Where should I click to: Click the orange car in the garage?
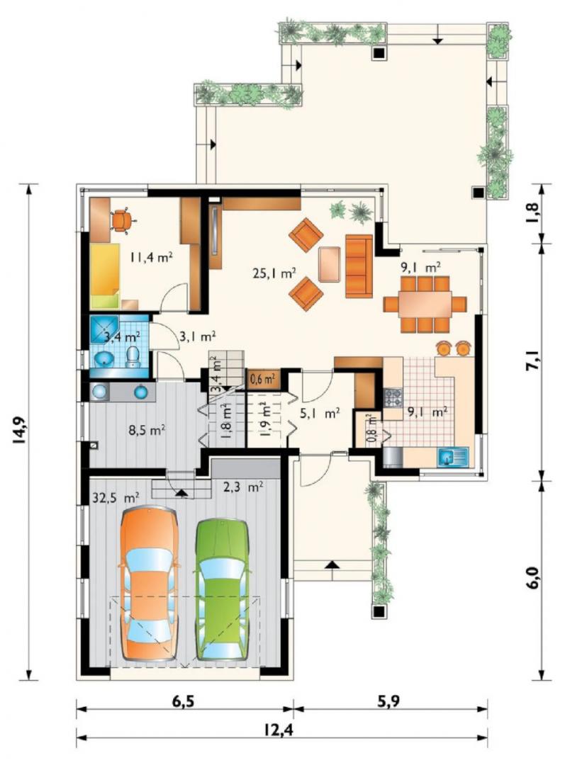click(x=149, y=584)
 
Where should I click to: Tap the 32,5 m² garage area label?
click(x=116, y=498)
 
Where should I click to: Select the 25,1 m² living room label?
click(x=274, y=273)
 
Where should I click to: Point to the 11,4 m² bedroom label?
click(x=152, y=256)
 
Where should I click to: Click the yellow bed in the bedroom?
click(x=105, y=276)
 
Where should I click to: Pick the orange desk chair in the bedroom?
click(x=121, y=221)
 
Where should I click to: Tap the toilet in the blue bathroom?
click(x=133, y=356)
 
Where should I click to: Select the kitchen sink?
click(x=453, y=457)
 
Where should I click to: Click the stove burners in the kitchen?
click(x=393, y=397)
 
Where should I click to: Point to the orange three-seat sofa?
click(x=359, y=266)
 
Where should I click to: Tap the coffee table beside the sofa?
click(x=330, y=264)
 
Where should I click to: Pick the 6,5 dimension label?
click(x=183, y=701)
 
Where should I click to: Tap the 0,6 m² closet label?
click(x=262, y=378)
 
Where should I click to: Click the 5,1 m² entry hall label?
click(x=320, y=414)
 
